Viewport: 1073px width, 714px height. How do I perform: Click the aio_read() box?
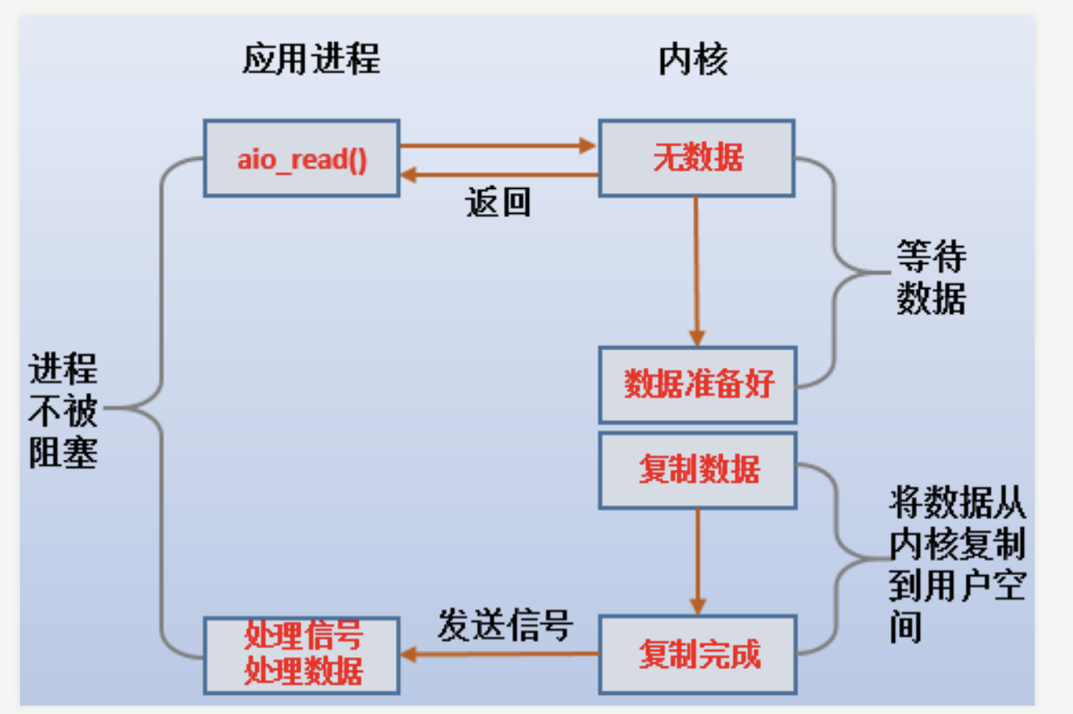click(x=302, y=158)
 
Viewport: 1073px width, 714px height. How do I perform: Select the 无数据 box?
click(x=697, y=158)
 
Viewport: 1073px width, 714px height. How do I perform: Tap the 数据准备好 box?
click(x=698, y=384)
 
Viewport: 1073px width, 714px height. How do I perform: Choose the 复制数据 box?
click(x=698, y=470)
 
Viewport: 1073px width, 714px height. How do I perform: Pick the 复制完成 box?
click(x=698, y=655)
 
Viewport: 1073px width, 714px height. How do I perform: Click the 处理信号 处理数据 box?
click(x=302, y=656)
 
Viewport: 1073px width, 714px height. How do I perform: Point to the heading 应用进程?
click(x=311, y=59)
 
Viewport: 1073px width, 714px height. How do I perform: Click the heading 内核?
click(x=693, y=60)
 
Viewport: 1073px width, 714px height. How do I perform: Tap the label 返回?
click(x=498, y=202)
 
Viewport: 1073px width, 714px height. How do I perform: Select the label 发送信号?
click(x=505, y=625)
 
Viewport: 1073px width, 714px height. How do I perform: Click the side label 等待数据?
click(x=932, y=277)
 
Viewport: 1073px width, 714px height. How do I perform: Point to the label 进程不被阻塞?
click(x=63, y=410)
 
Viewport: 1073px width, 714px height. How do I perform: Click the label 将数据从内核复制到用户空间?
click(x=957, y=563)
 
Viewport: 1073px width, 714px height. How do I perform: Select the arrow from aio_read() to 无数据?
click(x=498, y=145)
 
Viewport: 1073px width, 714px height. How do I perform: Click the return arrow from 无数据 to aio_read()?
click(x=499, y=175)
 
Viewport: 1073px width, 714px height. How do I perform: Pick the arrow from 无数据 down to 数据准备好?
click(x=696, y=271)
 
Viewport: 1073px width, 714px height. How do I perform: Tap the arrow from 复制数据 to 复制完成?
click(x=698, y=562)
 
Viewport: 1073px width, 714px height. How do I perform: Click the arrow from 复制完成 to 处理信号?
click(x=499, y=653)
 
